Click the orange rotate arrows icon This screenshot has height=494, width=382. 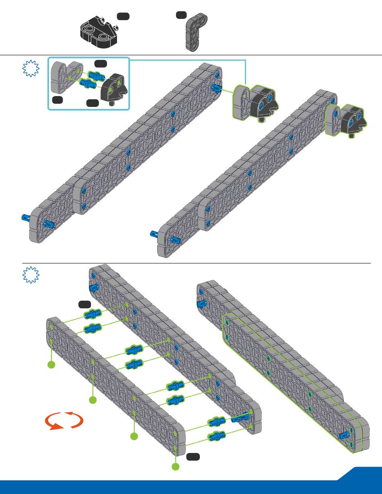tap(64, 420)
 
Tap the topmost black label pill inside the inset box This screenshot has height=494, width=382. tap(101, 63)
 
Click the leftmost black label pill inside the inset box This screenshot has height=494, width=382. tap(58, 100)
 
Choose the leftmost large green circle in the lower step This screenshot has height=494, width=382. tap(51, 365)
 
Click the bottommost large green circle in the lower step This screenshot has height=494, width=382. tap(175, 467)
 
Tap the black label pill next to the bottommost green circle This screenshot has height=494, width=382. tap(193, 456)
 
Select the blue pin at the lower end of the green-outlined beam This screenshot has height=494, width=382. tap(345, 435)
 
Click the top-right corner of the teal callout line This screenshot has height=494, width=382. tap(245, 60)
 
